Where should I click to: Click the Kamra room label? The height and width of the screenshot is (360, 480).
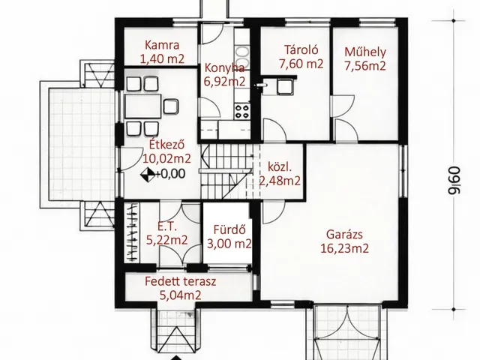pos(162,45)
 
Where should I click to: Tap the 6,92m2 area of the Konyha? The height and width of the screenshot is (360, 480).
pos(224,82)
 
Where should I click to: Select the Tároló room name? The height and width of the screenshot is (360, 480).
pos(301,49)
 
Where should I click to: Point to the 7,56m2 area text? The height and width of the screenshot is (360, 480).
pos(365,66)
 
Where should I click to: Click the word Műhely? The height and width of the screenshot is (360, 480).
pos(365,52)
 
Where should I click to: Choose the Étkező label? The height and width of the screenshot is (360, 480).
pos(166,144)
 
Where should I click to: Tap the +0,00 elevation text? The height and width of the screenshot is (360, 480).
pos(170,174)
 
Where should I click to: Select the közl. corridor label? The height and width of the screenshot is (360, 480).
pos(280,167)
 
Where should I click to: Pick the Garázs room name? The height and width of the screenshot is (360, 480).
pos(344,235)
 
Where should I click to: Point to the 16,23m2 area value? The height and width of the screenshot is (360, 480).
pos(344,248)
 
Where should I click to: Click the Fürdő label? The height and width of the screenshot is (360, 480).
pos(229,229)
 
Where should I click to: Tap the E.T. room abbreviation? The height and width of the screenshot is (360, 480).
pos(166,226)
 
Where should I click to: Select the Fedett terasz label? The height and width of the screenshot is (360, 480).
pos(180,281)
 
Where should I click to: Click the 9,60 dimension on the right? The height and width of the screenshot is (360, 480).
pos(454,181)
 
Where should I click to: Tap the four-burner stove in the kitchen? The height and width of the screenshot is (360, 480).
pos(242,112)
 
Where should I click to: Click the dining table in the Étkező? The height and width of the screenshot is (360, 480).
pos(143,106)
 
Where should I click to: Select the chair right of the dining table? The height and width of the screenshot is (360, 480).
pos(170,106)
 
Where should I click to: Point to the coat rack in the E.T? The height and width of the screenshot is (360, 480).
pos(132,232)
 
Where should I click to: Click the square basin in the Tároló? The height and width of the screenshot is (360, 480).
pos(285,86)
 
